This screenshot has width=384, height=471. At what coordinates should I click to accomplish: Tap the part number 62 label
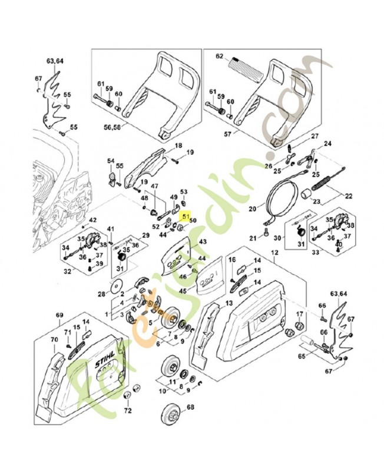pos(220,57)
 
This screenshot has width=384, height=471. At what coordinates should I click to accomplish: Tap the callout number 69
pos(59,316)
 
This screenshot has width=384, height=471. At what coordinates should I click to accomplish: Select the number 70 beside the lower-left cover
pos(54,340)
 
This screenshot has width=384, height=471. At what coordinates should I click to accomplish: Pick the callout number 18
pos(178,145)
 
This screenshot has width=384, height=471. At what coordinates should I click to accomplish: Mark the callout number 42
pos(92,221)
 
